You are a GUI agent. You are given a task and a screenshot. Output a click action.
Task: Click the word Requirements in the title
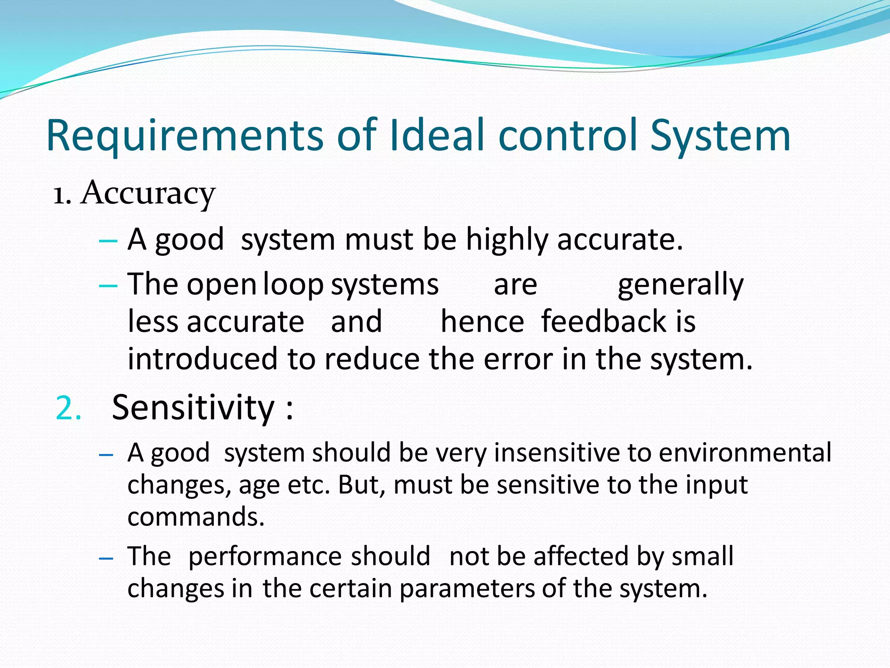pyautogui.click(x=185, y=136)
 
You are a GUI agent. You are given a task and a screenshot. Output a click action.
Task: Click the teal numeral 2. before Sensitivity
pyautogui.click(x=69, y=409)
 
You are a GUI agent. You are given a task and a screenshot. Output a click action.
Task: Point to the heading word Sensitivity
pyautogui.click(x=193, y=408)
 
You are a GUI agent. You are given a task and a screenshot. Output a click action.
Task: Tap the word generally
pyautogui.click(x=681, y=285)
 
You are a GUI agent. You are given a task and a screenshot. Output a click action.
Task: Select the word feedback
pyautogui.click(x=603, y=322)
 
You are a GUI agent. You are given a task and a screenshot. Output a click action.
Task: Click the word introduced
pyautogui.click(x=203, y=359)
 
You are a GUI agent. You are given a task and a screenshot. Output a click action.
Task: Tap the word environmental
pyautogui.click(x=745, y=453)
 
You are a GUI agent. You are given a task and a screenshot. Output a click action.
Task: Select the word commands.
pyautogui.click(x=196, y=517)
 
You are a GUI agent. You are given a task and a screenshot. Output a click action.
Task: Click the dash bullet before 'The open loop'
pyautogui.click(x=108, y=286)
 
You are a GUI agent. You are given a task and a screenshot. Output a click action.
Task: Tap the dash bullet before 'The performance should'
pyautogui.click(x=106, y=558)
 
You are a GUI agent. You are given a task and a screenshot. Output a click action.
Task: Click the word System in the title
pyautogui.click(x=720, y=136)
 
